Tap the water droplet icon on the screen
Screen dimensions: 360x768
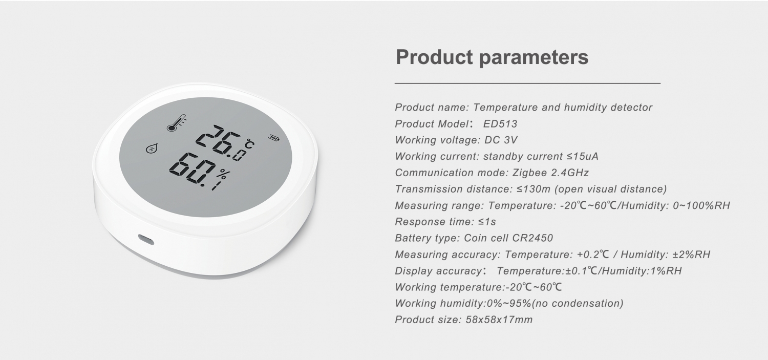click(151, 149)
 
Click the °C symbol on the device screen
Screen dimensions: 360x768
click(249, 144)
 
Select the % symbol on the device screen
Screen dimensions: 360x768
click(223, 175)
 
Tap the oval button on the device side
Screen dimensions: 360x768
click(145, 239)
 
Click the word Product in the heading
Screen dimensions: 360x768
click(434, 57)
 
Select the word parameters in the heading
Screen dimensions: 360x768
click(534, 57)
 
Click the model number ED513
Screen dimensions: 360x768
click(500, 124)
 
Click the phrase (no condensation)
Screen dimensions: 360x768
click(578, 304)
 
